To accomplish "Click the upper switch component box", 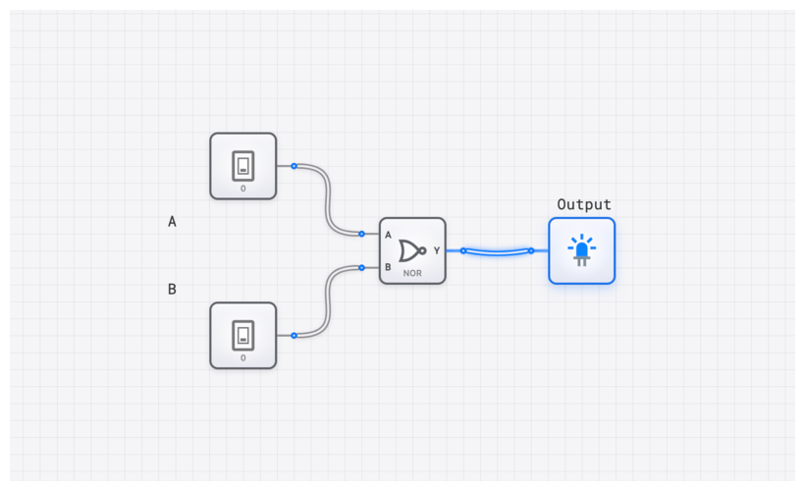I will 243,166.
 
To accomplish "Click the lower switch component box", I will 243,336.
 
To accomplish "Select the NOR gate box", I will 412,250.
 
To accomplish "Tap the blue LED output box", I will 581,250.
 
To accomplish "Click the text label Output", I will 584,204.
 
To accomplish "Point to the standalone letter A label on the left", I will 172,222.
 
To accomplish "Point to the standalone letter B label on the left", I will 172,289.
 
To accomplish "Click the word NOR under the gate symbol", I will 412,273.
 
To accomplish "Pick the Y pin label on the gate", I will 437,250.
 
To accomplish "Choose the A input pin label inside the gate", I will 389,235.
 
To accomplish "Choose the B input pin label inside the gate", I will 389,267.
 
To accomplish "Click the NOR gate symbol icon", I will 412,249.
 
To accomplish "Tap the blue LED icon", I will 581,250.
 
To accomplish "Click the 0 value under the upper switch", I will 243,188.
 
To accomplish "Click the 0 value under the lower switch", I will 243,357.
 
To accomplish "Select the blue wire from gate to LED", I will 497,253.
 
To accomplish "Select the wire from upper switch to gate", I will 328,200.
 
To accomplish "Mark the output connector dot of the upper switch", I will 294,166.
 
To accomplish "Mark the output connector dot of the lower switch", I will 294,336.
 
